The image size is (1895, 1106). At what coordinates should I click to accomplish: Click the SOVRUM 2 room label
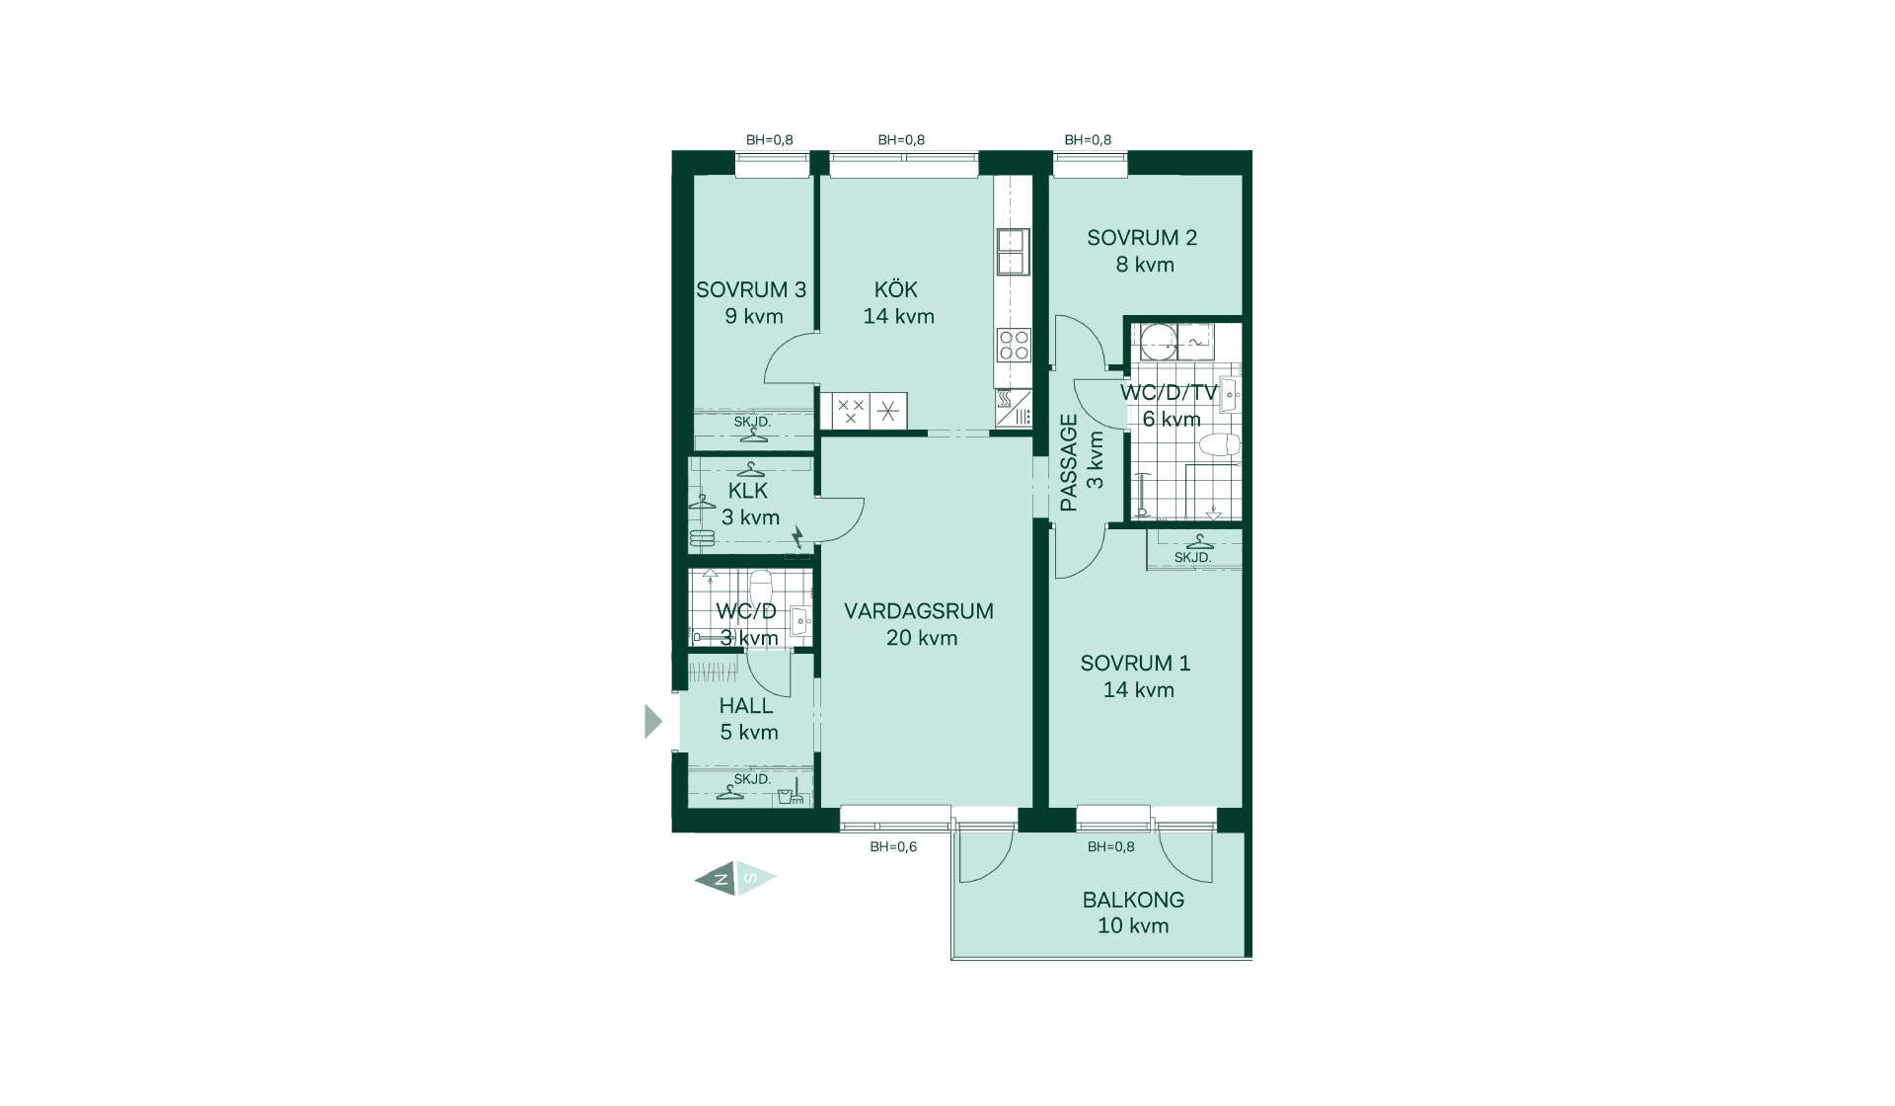1142,238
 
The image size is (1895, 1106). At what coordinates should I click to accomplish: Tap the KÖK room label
896,289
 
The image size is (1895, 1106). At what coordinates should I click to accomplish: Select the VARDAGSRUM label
919,611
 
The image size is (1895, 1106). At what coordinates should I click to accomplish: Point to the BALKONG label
1133,900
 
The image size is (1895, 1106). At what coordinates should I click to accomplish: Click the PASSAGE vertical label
1069,462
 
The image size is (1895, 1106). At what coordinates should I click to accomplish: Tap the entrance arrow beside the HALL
653,721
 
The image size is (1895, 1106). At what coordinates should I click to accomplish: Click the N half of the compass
717,878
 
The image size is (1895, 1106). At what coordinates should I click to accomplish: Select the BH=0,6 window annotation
893,846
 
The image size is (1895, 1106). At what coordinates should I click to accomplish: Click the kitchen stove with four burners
1014,346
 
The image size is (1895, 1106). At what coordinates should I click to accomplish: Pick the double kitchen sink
1013,251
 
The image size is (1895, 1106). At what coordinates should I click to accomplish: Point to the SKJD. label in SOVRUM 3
752,422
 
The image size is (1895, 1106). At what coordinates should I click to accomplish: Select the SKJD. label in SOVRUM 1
1192,558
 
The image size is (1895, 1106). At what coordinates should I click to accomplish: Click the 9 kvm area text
754,316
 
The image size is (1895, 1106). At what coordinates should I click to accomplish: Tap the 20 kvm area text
922,638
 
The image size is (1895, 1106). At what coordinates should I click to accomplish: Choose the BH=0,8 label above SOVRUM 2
1088,140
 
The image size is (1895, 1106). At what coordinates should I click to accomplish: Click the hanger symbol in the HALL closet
730,792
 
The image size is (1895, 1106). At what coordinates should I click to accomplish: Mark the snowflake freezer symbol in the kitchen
888,411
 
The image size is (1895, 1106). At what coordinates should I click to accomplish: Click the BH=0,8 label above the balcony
1111,846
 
